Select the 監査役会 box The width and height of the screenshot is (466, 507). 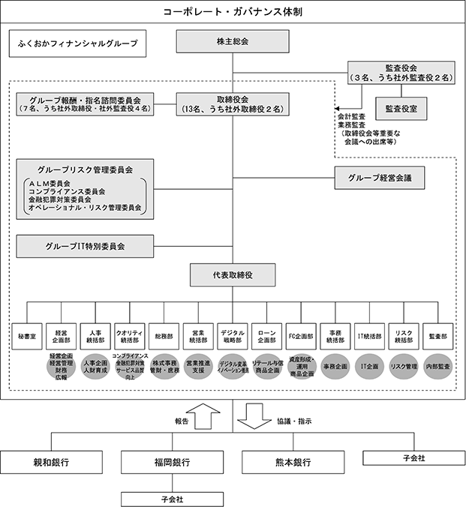click(399, 72)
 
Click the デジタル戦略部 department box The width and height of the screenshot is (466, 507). click(233, 337)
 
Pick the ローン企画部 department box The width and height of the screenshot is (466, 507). click(267, 337)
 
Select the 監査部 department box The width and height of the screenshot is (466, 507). click(438, 337)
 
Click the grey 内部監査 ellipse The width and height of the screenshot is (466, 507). click(438, 367)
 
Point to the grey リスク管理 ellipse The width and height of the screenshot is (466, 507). click(404, 367)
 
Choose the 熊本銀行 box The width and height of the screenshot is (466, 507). click(287, 462)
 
